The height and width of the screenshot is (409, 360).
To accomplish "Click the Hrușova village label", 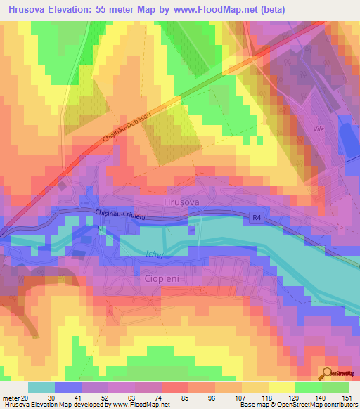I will pos(182,201).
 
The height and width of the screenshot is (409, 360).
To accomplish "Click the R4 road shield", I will pos(258,219).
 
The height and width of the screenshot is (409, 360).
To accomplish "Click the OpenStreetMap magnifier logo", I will pos(327,372).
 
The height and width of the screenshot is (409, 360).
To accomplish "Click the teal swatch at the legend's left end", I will pos(41,387).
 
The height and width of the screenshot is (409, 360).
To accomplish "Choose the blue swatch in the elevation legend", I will pos(67,387).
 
